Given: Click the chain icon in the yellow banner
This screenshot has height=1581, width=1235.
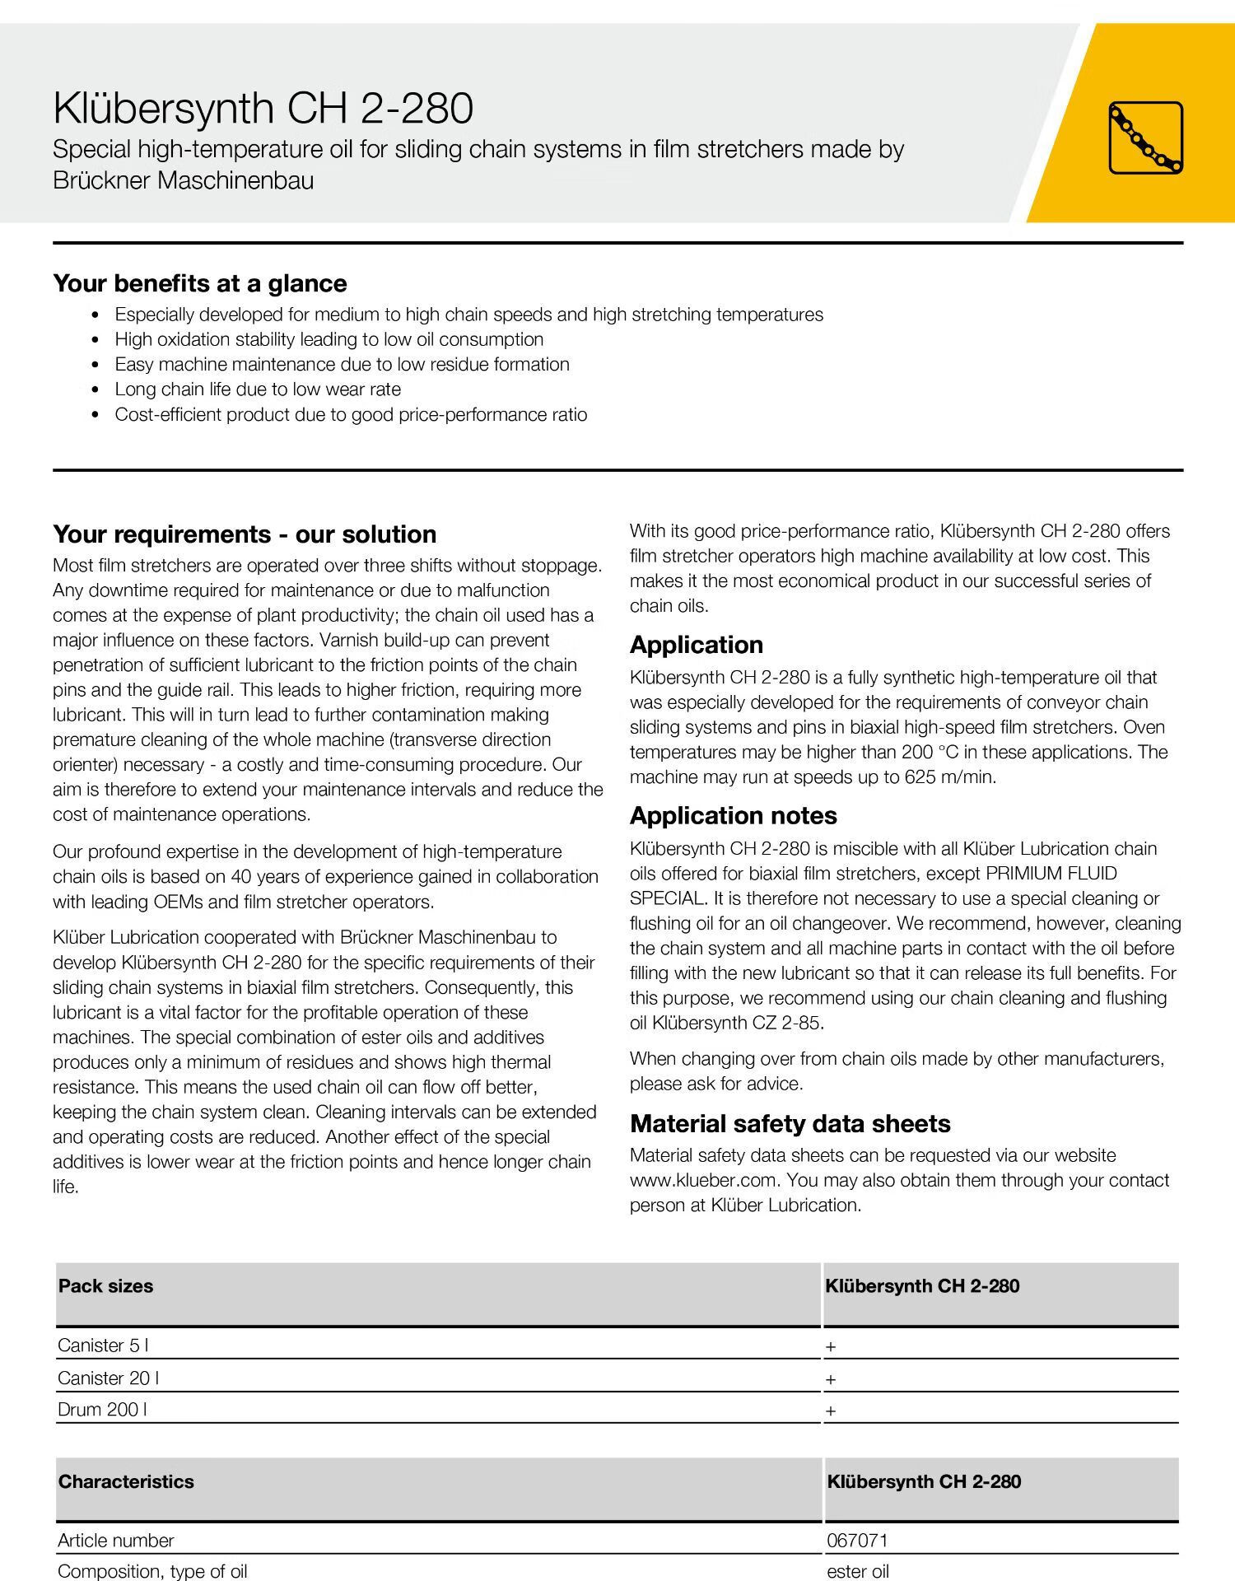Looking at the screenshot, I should (1145, 138).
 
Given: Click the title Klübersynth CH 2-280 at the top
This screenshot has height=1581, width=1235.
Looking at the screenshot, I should (263, 109).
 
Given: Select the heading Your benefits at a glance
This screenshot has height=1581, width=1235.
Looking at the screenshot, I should (200, 283).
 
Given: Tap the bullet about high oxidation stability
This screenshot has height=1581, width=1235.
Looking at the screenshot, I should (329, 339).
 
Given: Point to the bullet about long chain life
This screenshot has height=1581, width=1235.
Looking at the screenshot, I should (258, 389).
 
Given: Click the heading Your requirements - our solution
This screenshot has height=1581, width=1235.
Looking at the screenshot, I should (245, 534).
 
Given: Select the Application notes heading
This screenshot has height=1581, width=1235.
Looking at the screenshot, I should (733, 816).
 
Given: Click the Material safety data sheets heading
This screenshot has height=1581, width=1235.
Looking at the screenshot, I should (790, 1124).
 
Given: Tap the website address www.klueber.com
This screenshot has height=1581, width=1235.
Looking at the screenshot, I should (703, 1180).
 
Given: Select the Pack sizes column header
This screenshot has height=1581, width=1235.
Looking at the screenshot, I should (105, 1286).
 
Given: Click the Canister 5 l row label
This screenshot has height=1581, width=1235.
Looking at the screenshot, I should (103, 1345).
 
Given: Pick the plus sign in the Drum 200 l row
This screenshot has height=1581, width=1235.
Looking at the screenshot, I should (831, 1411).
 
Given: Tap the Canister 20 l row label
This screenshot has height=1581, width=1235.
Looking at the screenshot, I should (108, 1378).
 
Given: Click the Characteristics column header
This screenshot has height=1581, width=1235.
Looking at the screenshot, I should (126, 1481).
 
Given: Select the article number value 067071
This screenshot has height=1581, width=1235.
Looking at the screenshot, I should (857, 1541).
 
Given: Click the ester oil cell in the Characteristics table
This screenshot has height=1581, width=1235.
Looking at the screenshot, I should (857, 1571).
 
